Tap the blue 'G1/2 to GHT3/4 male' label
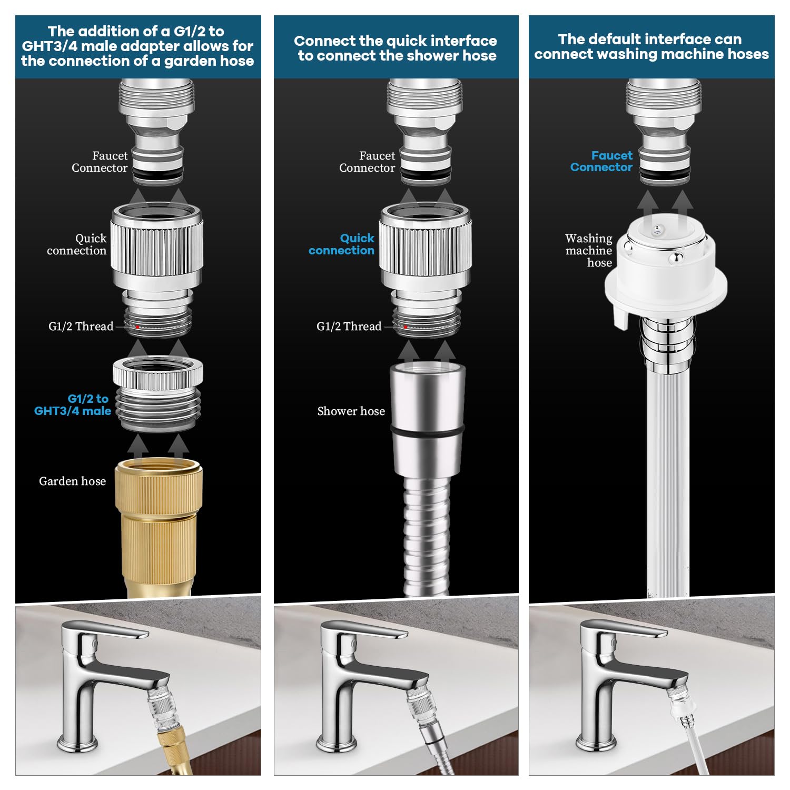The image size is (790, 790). [73, 405]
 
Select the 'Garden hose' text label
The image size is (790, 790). [72, 481]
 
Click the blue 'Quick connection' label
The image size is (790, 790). [342, 244]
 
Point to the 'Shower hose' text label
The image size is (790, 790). [351, 411]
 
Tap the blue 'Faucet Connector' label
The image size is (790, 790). [601, 161]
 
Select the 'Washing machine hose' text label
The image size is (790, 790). [589, 250]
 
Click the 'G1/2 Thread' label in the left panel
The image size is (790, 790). [81, 327]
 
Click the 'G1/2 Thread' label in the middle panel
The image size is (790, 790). [349, 327]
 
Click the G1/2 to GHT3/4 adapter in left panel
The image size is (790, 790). [158, 393]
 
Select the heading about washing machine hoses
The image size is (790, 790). [651, 46]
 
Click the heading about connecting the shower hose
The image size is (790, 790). [396, 48]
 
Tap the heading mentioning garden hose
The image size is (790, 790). [137, 46]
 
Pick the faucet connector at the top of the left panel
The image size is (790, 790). [157, 132]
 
